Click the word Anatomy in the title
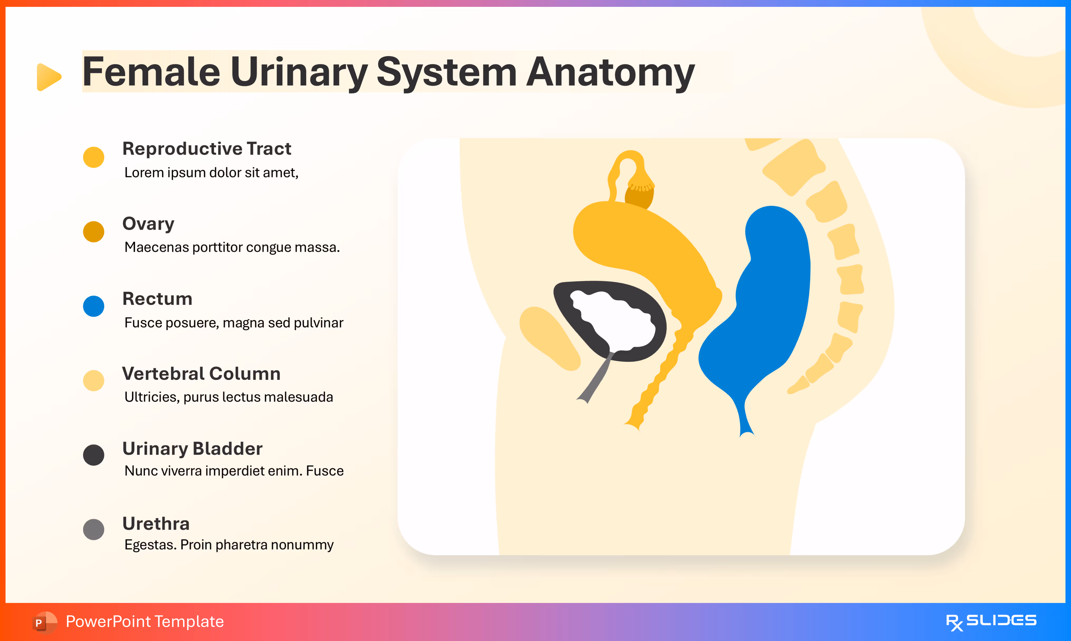coord(610,73)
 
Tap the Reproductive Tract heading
coord(207,149)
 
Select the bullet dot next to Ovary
coord(93,232)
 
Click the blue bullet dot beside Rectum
coord(93,306)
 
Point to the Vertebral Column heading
coord(201,374)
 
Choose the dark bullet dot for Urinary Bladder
coord(93,455)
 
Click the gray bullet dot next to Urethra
coord(93,530)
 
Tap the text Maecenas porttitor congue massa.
coord(232,247)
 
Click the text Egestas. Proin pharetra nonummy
coord(229,545)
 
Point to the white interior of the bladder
coord(613,320)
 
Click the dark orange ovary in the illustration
coord(638,197)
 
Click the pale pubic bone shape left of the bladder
coord(548,337)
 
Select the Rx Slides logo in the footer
coord(991,621)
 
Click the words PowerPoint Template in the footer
coord(145,621)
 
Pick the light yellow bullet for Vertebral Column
coord(93,381)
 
